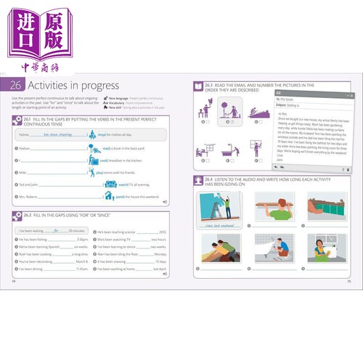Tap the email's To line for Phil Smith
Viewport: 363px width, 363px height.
(x=287, y=99)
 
